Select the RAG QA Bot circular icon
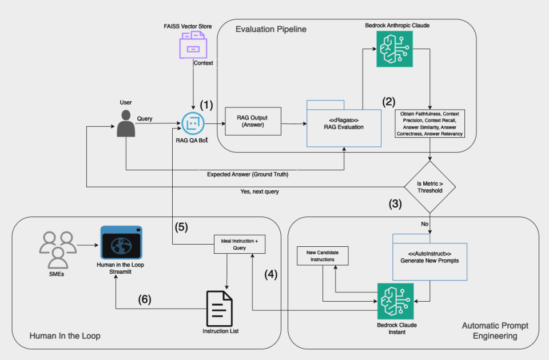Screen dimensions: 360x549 pyautogui.click(x=193, y=122)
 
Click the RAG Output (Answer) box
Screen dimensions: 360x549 pyautogui.click(x=253, y=121)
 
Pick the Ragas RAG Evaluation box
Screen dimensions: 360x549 pyautogui.click(x=344, y=123)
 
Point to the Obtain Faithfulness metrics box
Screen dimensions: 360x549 pyautogui.click(x=430, y=123)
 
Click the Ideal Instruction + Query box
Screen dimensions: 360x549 pyautogui.click(x=240, y=245)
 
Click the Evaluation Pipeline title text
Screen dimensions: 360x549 pyautogui.click(x=271, y=29)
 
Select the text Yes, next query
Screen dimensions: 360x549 pyautogui.click(x=260, y=192)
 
